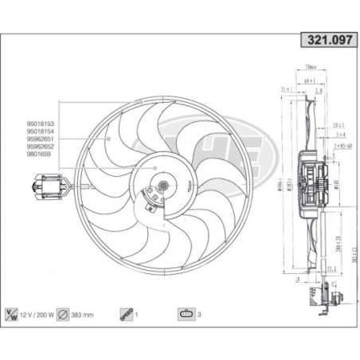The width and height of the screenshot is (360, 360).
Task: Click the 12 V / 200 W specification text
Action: [40, 314]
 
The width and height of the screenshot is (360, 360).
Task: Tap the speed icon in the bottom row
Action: [126, 314]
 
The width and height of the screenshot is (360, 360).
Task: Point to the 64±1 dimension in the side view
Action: [310, 80]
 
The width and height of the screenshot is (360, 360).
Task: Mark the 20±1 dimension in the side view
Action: [338, 125]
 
